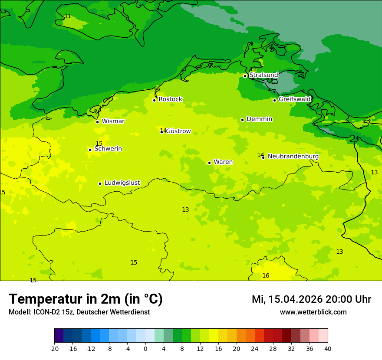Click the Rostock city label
click(x=170, y=99)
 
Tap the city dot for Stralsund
click(x=245, y=76)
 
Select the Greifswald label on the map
click(x=294, y=99)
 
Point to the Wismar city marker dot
click(x=97, y=122)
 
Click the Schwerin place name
click(x=108, y=149)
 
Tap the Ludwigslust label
click(x=122, y=183)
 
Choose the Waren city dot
click(x=209, y=163)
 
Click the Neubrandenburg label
click(x=293, y=157)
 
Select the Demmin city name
click(x=259, y=119)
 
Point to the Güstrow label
click(x=178, y=131)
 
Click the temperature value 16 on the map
click(x=266, y=276)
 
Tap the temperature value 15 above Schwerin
click(x=99, y=144)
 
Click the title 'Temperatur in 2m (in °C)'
click(x=86, y=299)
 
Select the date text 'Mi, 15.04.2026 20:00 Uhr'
click(x=311, y=300)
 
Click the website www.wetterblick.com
click(x=313, y=312)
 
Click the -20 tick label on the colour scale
click(x=54, y=348)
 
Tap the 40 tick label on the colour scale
click(x=328, y=348)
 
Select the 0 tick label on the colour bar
click(x=145, y=348)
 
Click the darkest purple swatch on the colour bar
click(x=59, y=336)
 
